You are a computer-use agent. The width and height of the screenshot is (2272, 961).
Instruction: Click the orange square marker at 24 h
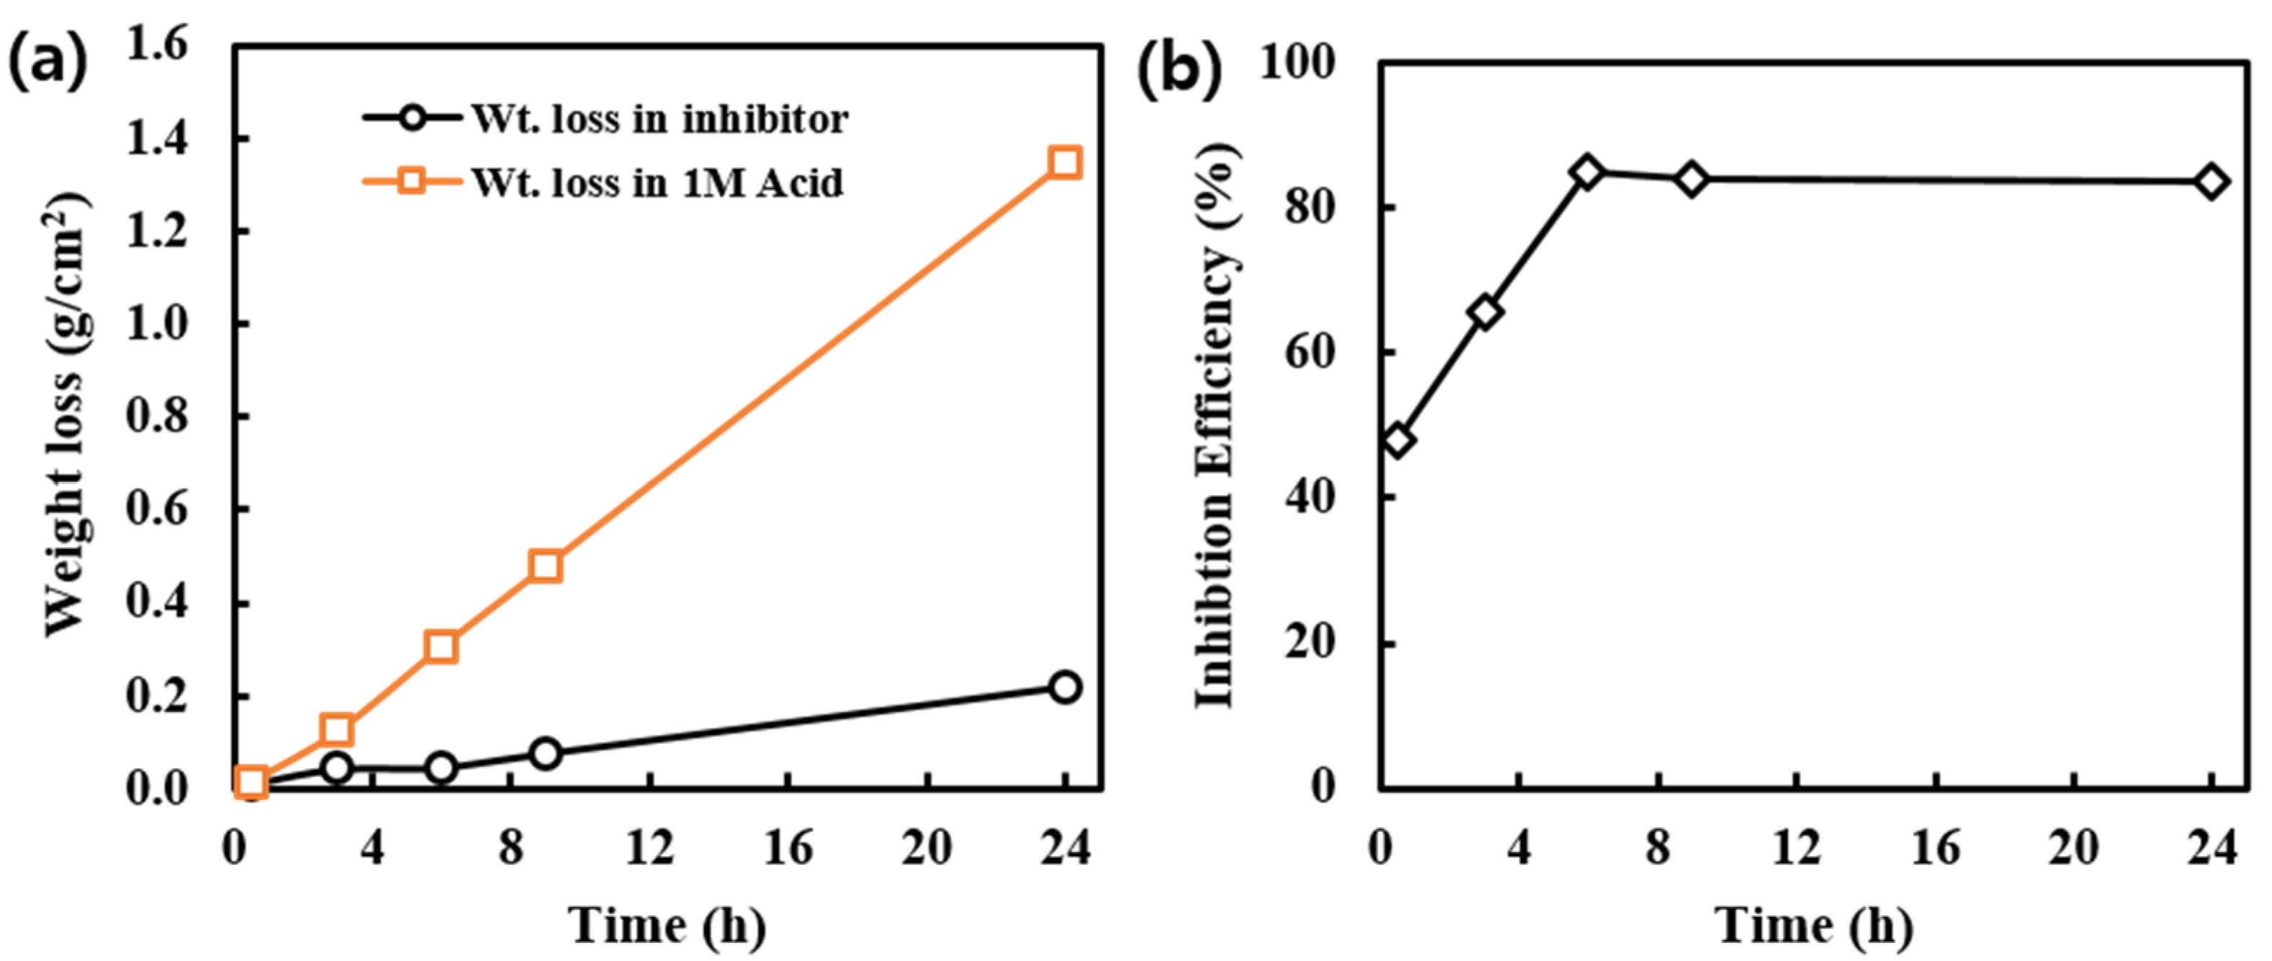pyautogui.click(x=1064, y=162)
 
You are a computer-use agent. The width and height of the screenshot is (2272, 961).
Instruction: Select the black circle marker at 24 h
pyautogui.click(x=1064, y=687)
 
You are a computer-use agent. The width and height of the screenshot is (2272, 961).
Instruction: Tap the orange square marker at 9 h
pyautogui.click(x=546, y=565)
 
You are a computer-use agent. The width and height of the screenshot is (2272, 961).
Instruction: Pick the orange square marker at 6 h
pyautogui.click(x=441, y=646)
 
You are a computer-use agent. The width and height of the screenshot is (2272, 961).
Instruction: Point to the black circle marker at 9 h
pyautogui.click(x=546, y=753)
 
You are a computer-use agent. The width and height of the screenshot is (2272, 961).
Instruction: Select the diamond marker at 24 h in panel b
pyautogui.click(x=2212, y=183)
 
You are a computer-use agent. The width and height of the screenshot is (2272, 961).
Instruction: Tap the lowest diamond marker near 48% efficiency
pyautogui.click(x=1398, y=440)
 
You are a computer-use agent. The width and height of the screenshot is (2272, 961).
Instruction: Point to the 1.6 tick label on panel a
pyautogui.click(x=158, y=44)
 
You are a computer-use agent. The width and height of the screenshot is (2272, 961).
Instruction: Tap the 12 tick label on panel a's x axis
pyautogui.click(x=649, y=848)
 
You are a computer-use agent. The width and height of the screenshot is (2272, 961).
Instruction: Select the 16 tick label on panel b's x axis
pyautogui.click(x=1935, y=848)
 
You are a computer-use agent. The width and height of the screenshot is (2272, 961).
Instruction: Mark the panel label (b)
pyautogui.click(x=1179, y=71)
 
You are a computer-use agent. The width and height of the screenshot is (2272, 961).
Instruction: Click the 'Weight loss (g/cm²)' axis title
pyautogui.click(x=67, y=414)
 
